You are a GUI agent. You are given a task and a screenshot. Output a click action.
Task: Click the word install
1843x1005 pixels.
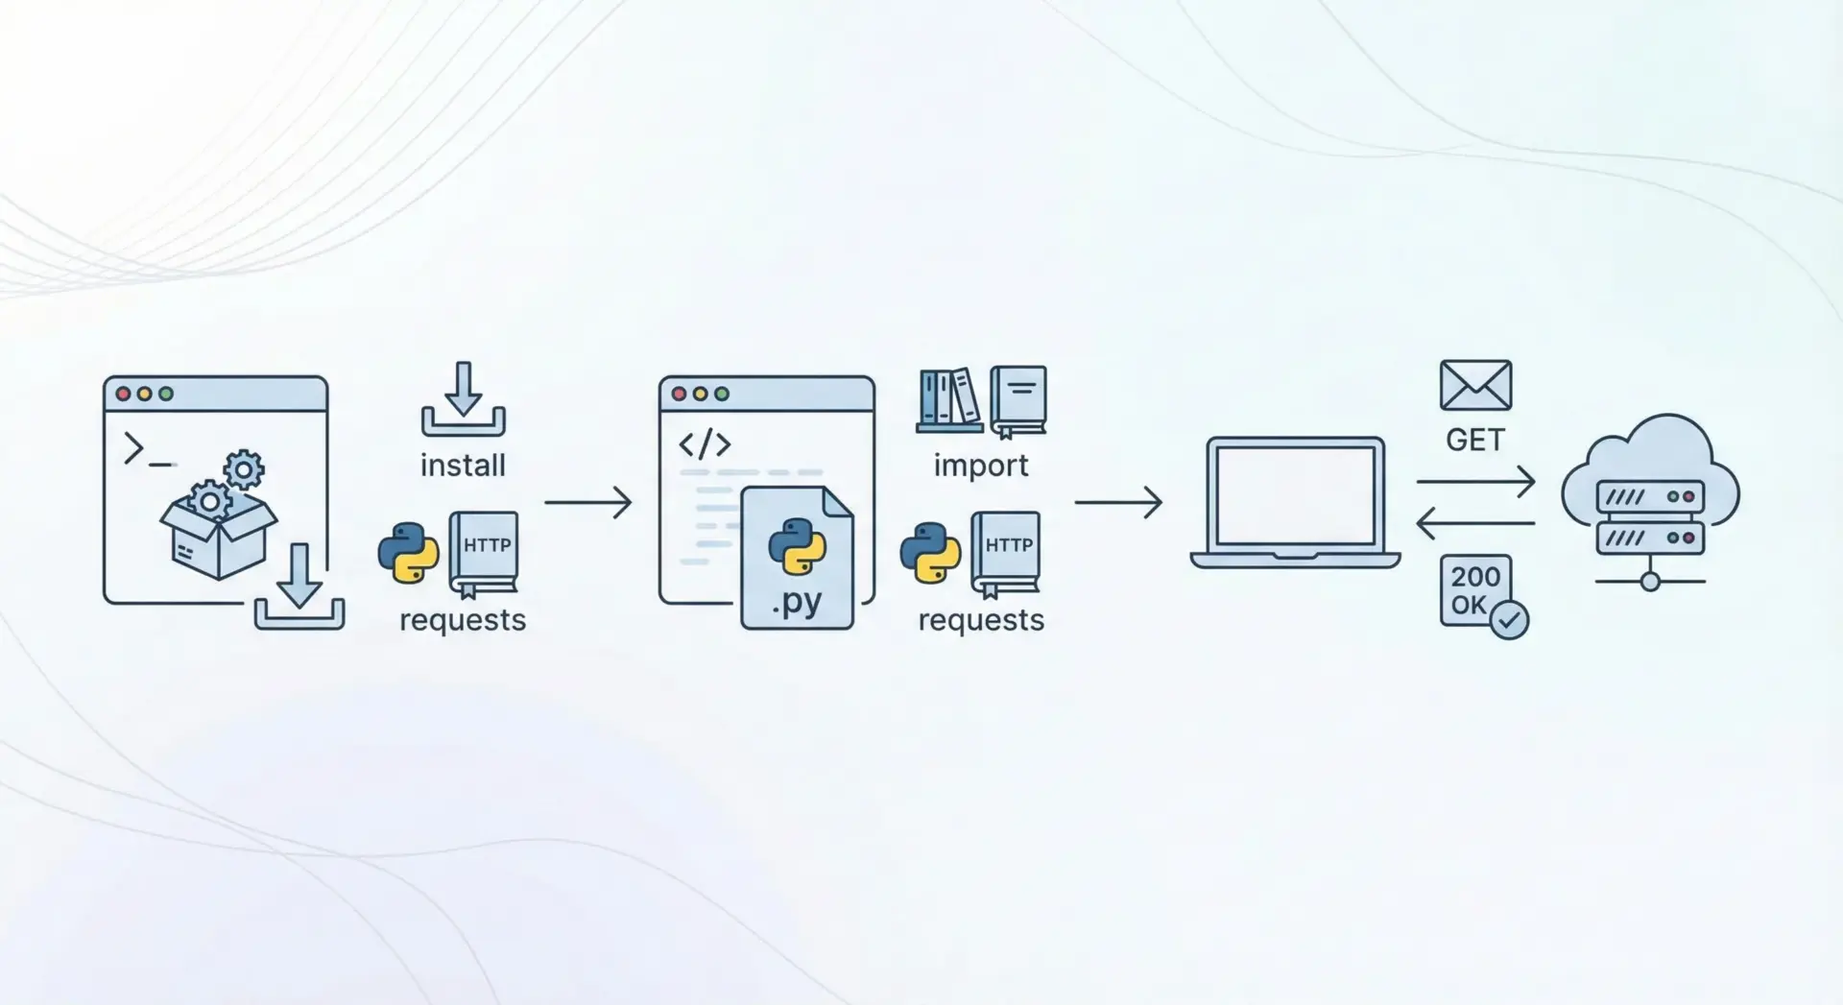coord(463,466)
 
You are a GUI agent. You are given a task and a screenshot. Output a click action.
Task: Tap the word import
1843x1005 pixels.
coord(980,466)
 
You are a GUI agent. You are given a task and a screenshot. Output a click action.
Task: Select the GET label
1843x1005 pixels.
coord(1475,441)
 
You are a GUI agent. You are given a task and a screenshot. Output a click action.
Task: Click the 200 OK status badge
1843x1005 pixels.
coord(1475,590)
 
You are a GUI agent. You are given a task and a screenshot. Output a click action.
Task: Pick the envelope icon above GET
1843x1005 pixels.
coord(1475,385)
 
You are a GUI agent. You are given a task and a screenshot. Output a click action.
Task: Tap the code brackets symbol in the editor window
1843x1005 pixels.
coord(705,444)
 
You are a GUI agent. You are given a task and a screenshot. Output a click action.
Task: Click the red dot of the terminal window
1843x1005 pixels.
coord(123,394)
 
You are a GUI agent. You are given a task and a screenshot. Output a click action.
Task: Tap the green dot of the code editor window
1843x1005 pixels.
coord(722,394)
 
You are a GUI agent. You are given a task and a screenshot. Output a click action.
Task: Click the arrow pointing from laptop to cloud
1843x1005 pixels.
coord(1475,481)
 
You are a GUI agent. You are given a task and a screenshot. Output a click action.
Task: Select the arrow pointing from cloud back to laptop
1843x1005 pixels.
coord(1475,524)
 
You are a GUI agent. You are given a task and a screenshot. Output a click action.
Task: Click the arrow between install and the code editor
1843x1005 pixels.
coord(587,502)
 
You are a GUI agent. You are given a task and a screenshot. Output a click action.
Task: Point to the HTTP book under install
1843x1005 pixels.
coord(485,551)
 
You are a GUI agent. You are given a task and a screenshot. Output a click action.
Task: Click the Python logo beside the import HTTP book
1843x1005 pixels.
coord(930,553)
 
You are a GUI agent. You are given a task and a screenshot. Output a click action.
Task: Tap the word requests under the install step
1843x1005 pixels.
coord(463,620)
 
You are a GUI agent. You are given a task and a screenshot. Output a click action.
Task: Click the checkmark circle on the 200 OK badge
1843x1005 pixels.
coord(1509,620)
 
